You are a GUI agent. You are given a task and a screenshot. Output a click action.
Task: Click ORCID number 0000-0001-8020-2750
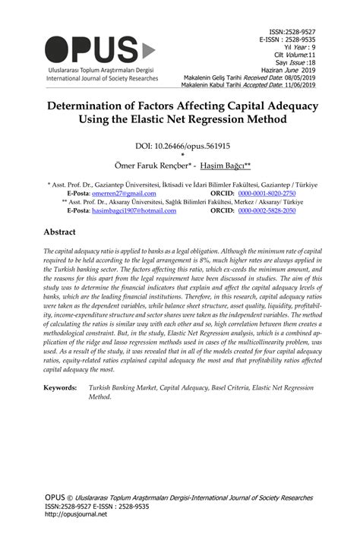click(266, 194)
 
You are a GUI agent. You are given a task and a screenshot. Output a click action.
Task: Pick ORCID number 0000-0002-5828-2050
click(266, 210)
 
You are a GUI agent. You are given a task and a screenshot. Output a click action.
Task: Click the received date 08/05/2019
click(303, 77)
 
